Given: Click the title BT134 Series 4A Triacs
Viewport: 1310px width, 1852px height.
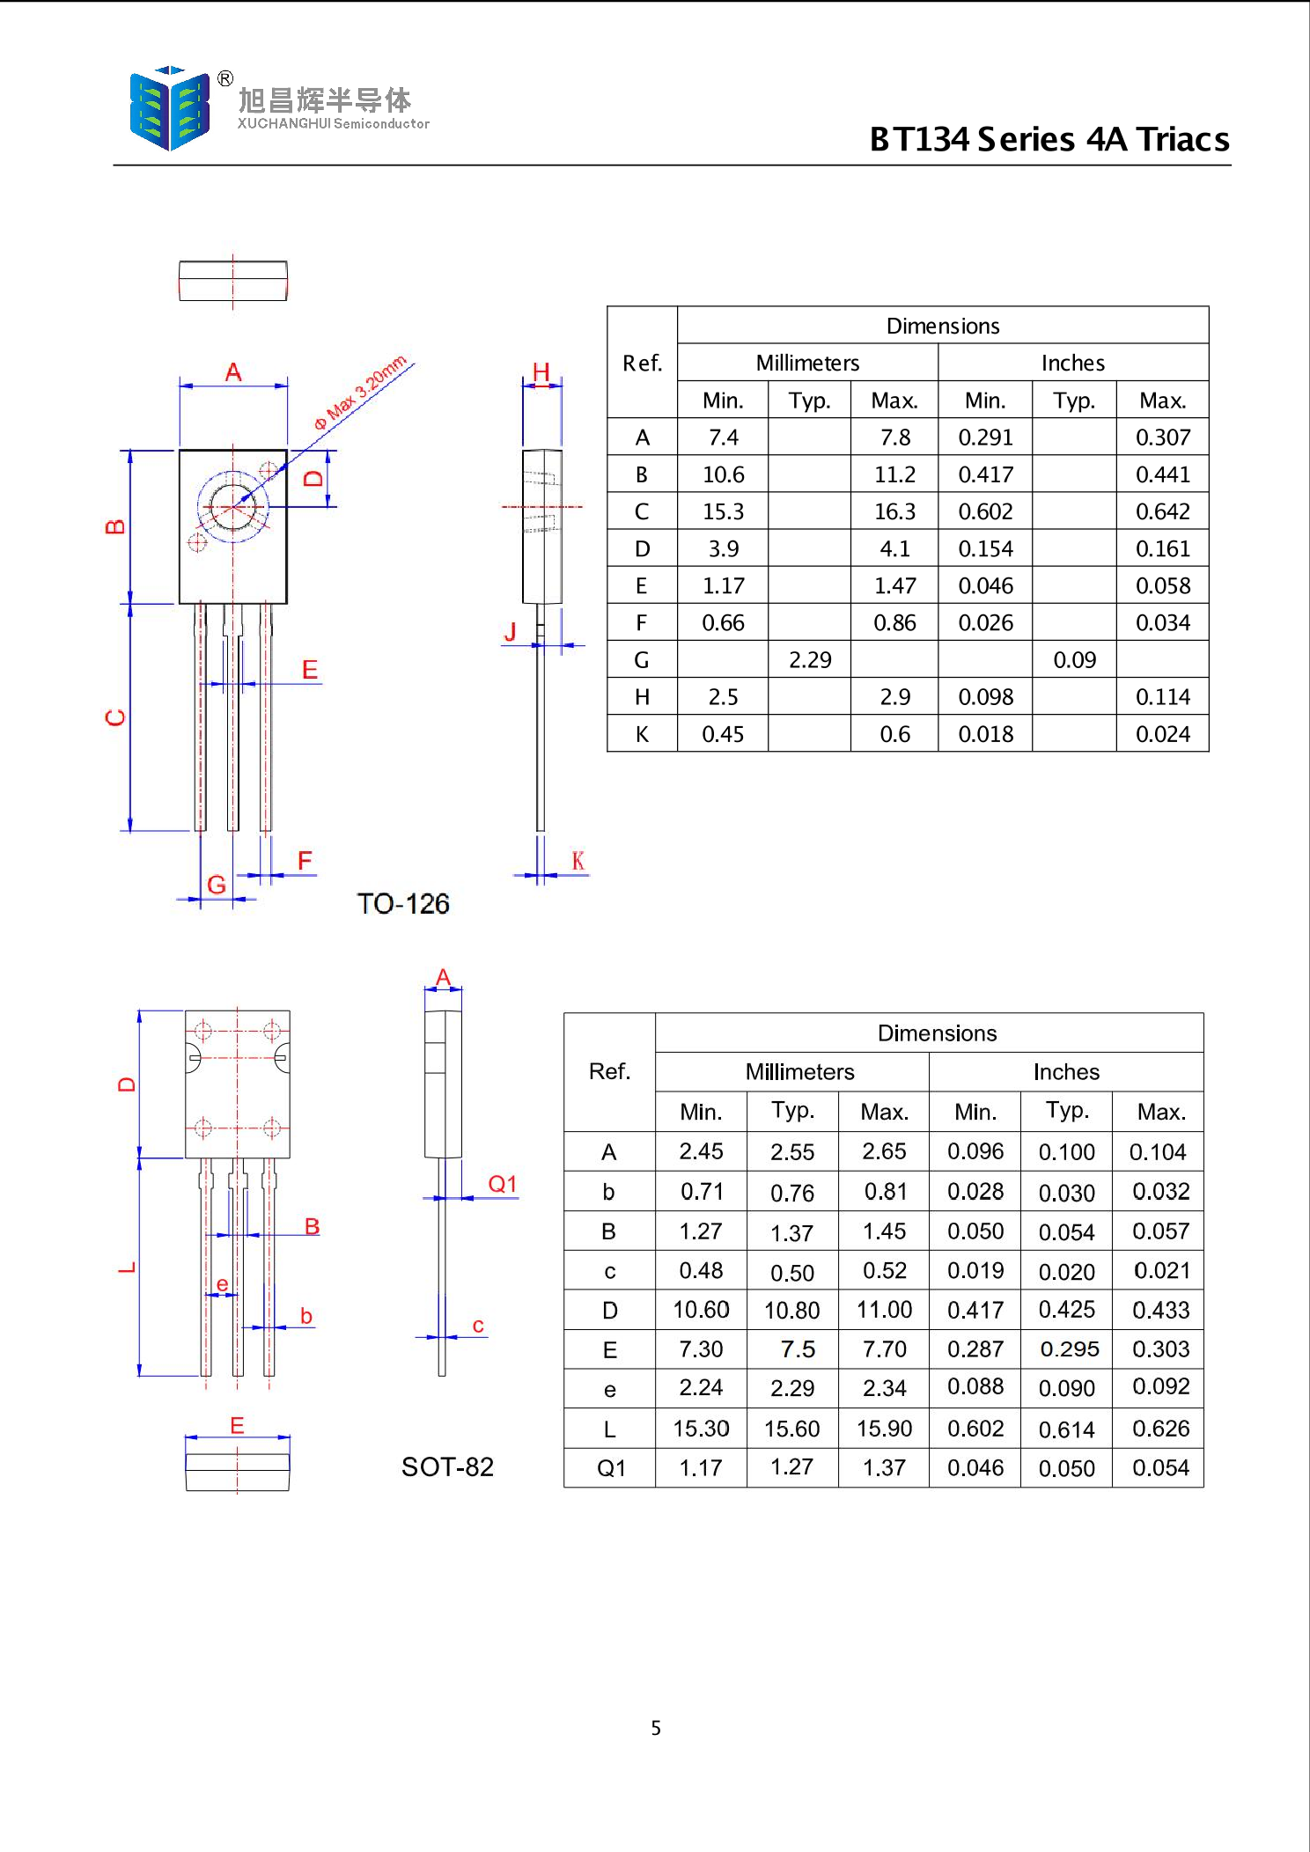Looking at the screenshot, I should [x=1049, y=140].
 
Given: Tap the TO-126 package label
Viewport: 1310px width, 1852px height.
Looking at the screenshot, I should [x=402, y=904].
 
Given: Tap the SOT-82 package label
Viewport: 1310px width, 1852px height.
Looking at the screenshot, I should [x=446, y=1466].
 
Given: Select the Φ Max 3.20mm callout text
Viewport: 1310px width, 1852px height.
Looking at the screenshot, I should [x=361, y=392].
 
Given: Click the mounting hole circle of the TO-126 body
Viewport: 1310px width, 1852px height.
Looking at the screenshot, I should [x=233, y=506].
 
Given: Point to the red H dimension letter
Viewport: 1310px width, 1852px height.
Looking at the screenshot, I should [x=541, y=371].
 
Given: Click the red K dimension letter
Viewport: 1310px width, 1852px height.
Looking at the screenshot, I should [x=578, y=861].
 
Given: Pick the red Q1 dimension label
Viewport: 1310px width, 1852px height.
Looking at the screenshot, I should [x=502, y=1184].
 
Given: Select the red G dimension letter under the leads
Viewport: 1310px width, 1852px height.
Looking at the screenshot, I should [x=216, y=885].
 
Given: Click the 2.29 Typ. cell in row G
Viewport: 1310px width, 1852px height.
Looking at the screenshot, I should [x=809, y=660].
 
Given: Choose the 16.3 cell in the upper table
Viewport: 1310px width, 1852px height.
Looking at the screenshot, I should [x=894, y=511].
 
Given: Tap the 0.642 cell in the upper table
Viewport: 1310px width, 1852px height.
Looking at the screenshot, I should [x=1162, y=511].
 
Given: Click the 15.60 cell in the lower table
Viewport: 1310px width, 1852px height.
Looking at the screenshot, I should [x=791, y=1429].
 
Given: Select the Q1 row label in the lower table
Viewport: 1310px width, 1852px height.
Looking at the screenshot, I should [x=610, y=1468].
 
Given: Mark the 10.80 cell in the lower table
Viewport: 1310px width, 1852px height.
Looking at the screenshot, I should [x=791, y=1311].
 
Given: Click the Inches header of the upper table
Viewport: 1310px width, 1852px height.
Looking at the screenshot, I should [x=1072, y=363].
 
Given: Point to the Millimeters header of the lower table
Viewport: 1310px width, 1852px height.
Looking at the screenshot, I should [x=799, y=1071].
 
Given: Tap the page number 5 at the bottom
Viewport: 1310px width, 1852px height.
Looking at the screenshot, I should [x=656, y=1728].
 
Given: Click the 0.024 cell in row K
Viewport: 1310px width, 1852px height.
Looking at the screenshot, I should [x=1162, y=734].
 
